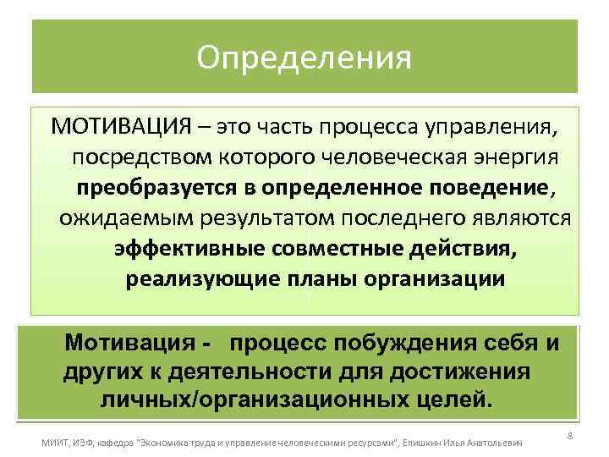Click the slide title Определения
(304, 58)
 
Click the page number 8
(570, 435)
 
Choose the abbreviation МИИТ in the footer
(57, 443)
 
